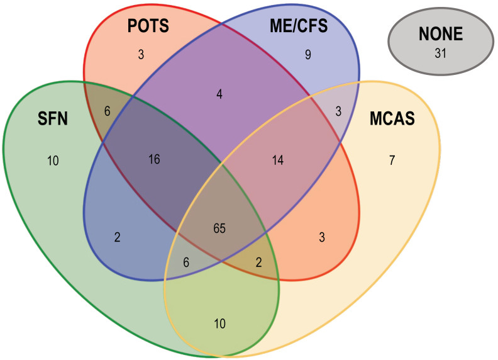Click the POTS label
click(148, 27)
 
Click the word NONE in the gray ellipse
click(440, 35)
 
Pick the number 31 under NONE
click(440, 53)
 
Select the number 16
click(154, 159)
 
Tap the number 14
click(278, 160)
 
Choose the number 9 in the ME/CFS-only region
click(307, 55)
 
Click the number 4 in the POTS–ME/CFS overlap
click(219, 95)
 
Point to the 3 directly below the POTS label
click(141, 55)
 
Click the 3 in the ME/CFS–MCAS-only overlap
click(338, 112)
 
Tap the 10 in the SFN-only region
click(53, 160)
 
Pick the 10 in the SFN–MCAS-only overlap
click(219, 324)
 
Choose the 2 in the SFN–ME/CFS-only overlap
click(118, 237)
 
